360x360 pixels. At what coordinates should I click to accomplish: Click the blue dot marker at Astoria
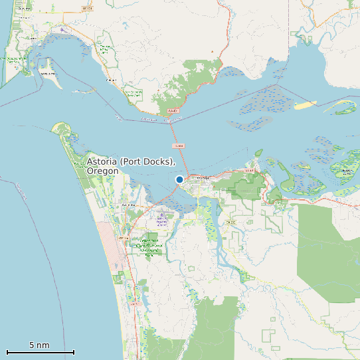[179, 179]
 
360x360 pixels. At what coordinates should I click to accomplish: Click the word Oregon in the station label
[102, 171]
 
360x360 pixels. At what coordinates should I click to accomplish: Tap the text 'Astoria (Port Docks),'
[131, 162]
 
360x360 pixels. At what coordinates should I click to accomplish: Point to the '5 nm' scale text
[39, 345]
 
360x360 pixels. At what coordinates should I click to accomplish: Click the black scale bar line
[40, 352]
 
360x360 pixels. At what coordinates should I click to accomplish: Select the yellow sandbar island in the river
[306, 105]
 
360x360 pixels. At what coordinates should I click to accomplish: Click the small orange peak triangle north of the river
[213, 51]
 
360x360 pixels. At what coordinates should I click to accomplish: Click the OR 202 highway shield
[230, 221]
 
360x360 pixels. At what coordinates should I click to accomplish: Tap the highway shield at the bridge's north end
[173, 111]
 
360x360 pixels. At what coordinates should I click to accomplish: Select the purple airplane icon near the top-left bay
[62, 29]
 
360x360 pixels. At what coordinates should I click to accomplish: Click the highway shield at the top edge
[87, 8]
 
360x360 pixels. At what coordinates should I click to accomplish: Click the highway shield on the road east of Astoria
[250, 171]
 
